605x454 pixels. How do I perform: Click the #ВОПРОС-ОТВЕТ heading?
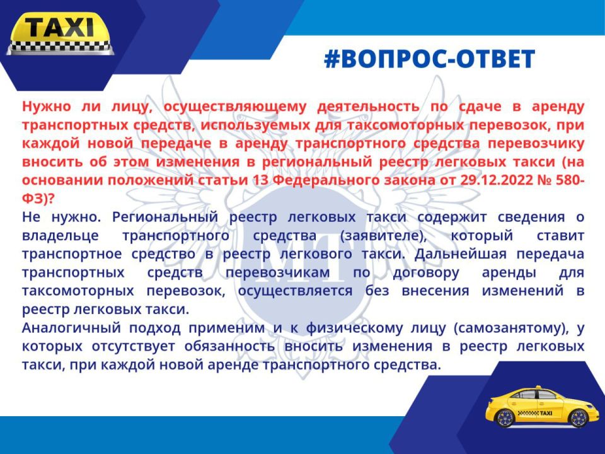[429, 59]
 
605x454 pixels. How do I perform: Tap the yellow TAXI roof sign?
[60, 33]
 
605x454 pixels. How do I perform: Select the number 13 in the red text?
[260, 180]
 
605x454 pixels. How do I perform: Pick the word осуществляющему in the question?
[234, 107]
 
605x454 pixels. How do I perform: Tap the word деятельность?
[368, 106]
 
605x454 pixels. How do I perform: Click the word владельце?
[60, 235]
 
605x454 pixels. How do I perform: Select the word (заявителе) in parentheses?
[384, 235]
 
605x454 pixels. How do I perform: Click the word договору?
[426, 272]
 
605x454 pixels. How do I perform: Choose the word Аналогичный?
[71, 328]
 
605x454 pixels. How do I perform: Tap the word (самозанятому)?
[512, 328]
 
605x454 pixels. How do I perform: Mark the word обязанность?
[229, 346]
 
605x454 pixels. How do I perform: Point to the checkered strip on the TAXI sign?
[60, 47]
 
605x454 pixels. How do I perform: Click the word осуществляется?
[295, 291]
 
